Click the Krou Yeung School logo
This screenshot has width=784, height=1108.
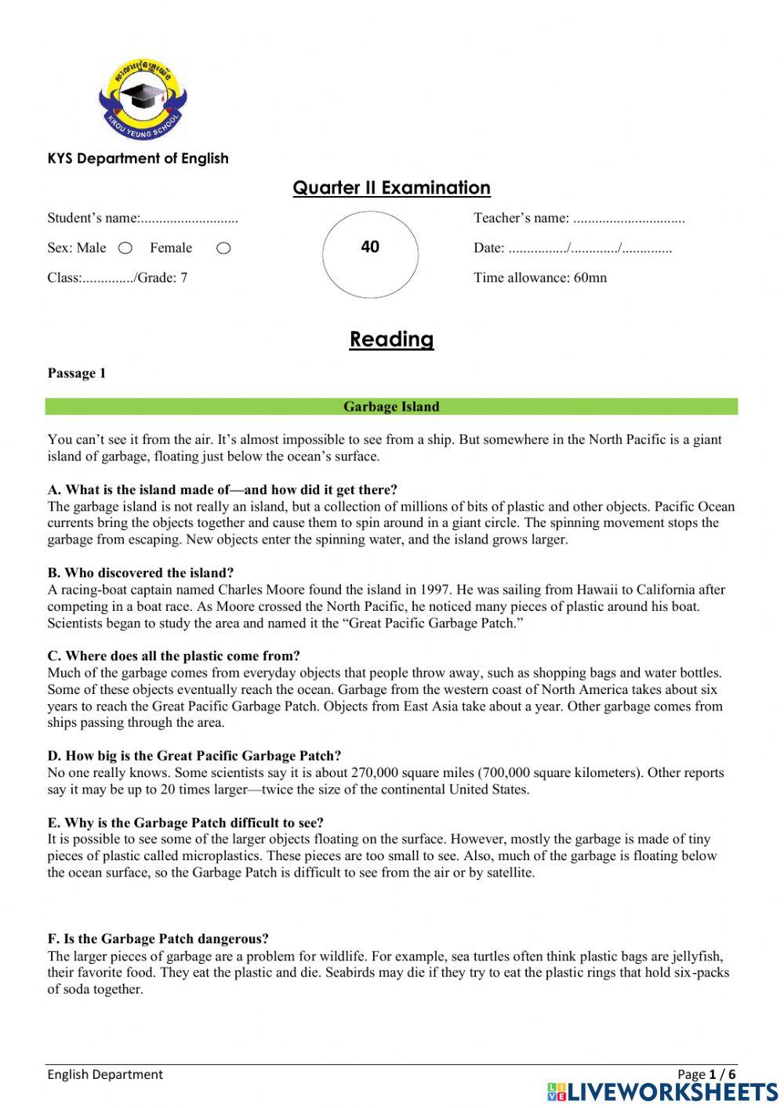pos(143,99)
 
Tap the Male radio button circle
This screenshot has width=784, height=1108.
pos(125,249)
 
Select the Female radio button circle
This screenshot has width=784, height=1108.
pos(223,249)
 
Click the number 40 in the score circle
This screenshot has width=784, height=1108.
pos(370,247)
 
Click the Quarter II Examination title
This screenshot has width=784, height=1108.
pos(391,188)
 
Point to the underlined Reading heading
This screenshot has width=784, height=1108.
pos(391,340)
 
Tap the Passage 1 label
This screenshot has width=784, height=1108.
pos(76,373)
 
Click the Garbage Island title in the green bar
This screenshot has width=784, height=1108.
pos(391,407)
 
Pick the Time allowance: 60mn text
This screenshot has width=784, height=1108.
pos(539,278)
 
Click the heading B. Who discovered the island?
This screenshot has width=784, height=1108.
pos(140,573)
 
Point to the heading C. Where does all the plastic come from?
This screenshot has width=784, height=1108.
pos(173,656)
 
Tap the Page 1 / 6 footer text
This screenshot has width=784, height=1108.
pos(706,1074)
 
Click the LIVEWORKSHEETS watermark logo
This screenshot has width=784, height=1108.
pos(662,1092)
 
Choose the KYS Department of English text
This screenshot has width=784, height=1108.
pos(138,158)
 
